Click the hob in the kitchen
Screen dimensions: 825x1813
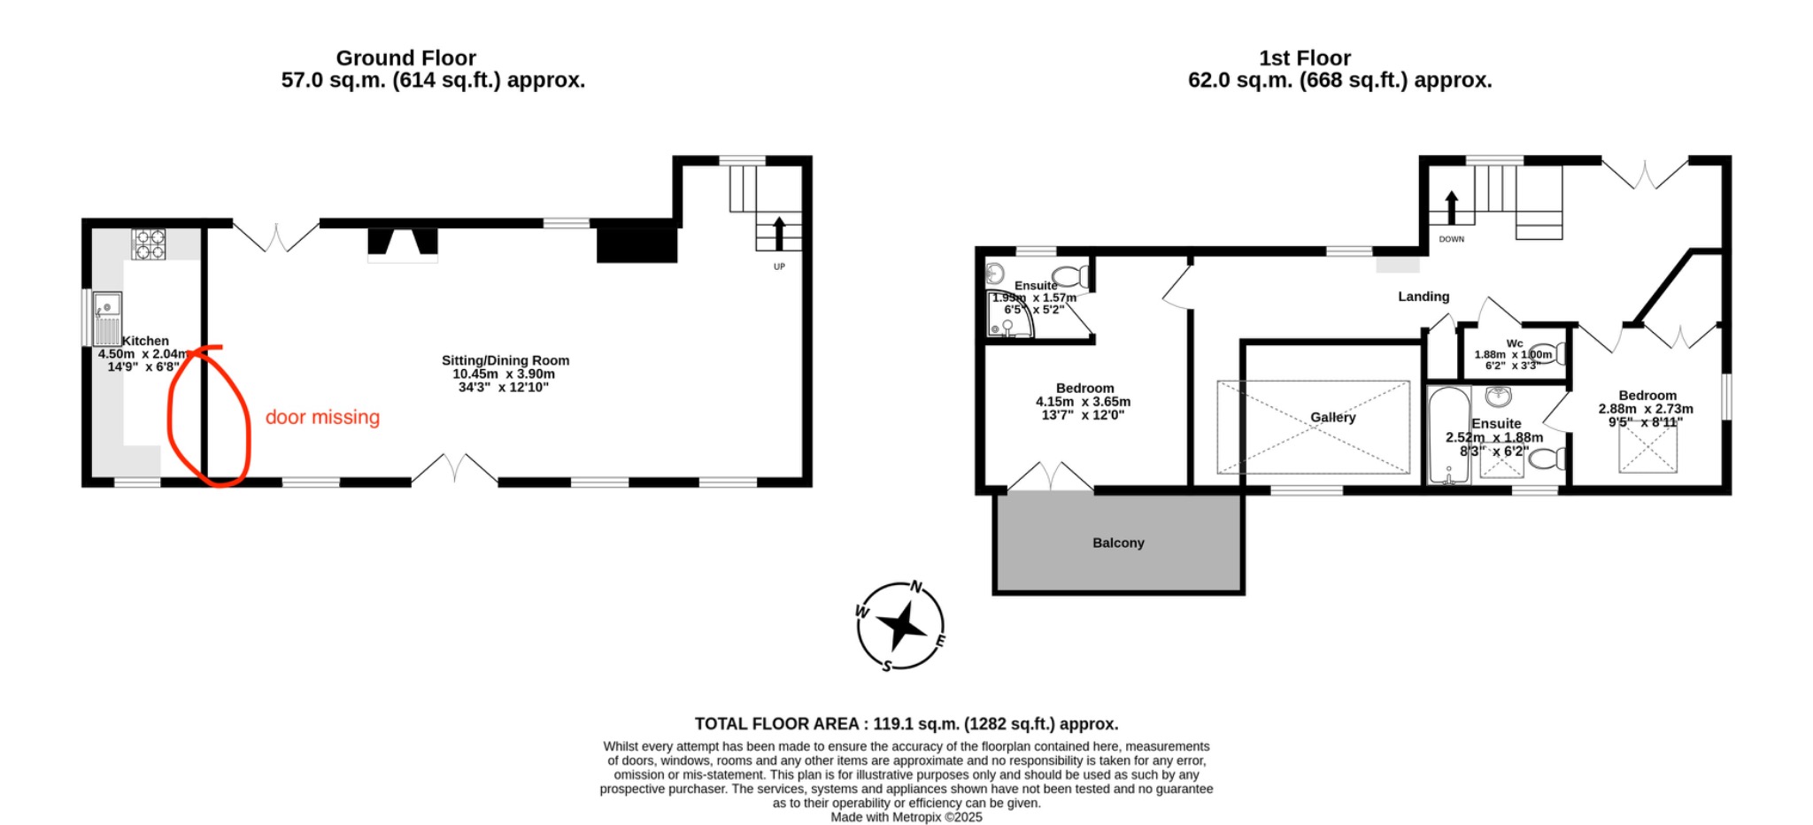(149, 244)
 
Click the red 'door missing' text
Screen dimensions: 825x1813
(322, 417)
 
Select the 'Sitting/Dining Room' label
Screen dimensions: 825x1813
(505, 360)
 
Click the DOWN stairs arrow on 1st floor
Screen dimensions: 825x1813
(1451, 207)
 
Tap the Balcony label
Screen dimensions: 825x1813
(1118, 543)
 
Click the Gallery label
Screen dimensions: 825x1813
(1332, 417)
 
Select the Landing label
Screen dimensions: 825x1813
(1423, 297)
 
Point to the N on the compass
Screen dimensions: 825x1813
(916, 587)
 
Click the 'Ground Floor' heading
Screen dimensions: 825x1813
(405, 58)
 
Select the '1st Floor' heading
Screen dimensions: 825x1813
(1304, 58)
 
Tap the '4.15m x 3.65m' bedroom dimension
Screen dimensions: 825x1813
(1083, 401)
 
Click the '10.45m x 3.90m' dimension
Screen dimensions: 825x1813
(504, 374)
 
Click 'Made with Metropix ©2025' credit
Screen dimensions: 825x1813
(906, 817)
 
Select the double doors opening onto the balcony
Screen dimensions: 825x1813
(1051, 476)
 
